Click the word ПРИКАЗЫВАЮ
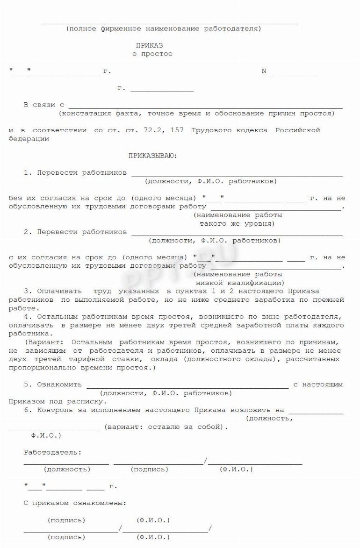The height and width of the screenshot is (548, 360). tap(153, 155)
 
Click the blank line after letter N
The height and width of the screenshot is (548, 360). tap(293, 73)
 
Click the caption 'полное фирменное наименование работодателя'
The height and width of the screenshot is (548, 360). tap(164, 28)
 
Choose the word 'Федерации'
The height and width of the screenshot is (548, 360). tap(29, 139)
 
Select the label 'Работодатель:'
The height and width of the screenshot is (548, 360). tap(52, 452)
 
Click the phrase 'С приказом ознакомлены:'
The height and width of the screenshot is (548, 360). tap(75, 504)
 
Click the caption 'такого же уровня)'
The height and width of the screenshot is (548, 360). tap(237, 224)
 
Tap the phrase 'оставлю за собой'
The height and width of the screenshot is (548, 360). tap(184, 427)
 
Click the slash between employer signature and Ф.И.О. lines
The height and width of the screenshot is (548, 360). tap(206, 462)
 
